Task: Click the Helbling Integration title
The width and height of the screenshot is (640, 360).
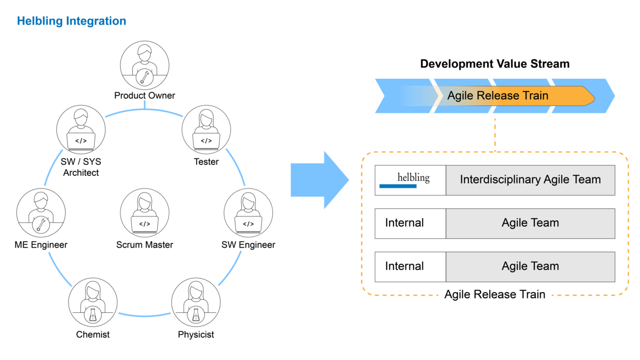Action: (71, 21)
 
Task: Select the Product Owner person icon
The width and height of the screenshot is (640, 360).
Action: (145, 64)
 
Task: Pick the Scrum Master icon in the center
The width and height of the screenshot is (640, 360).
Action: (145, 213)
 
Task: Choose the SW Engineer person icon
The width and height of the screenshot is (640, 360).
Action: (248, 213)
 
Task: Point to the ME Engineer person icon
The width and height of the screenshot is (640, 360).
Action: (41, 213)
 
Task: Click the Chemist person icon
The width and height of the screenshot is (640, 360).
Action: (93, 303)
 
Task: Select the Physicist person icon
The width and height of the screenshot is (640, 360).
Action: (196, 303)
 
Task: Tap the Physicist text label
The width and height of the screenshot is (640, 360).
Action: (196, 334)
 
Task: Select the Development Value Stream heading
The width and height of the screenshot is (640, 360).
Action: (494, 64)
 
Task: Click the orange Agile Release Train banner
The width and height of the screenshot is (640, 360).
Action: (512, 96)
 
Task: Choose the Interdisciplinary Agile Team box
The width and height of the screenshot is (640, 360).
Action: (530, 180)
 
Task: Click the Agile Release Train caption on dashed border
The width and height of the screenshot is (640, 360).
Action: (494, 295)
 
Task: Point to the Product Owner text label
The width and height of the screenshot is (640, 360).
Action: (145, 95)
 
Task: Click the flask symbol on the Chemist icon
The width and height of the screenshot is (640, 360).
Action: (93, 315)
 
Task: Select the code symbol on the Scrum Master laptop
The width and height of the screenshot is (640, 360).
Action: (145, 224)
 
